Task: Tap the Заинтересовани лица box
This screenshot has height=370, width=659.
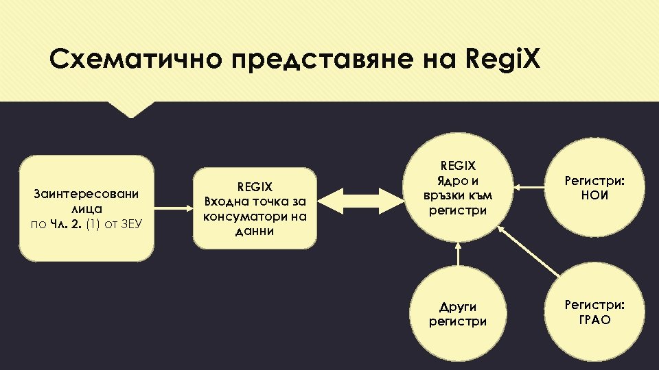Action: click(86, 208)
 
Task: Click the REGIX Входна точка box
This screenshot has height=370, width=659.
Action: click(255, 208)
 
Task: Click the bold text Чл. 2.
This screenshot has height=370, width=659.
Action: click(67, 223)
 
